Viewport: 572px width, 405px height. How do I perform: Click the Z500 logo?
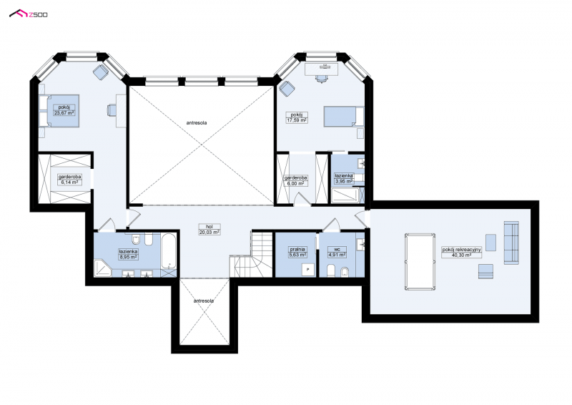click(x=28, y=14)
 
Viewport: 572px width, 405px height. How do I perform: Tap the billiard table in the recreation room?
click(x=420, y=261)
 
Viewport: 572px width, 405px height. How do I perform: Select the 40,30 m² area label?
click(x=461, y=255)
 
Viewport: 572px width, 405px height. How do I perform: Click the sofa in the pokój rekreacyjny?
click(x=511, y=243)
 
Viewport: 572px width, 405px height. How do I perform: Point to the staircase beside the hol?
click(x=252, y=255)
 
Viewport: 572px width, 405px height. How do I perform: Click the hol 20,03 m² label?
click(x=209, y=229)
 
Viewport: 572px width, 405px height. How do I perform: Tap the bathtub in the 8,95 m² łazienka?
click(x=169, y=251)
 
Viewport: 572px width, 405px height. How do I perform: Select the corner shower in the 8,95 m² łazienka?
click(x=103, y=268)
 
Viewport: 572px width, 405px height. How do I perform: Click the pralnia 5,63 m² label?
click(x=297, y=252)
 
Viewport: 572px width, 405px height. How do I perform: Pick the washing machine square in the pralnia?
click(x=308, y=270)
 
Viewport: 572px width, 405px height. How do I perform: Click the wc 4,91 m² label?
click(x=337, y=252)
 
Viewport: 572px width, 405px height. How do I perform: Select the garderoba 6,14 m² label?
click(x=69, y=180)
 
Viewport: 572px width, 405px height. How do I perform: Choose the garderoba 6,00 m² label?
click(x=296, y=181)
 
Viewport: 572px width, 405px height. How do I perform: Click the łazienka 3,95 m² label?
click(x=344, y=178)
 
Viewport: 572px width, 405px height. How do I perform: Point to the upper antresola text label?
click(x=196, y=122)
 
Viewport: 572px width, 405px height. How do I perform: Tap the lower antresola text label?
click(x=204, y=301)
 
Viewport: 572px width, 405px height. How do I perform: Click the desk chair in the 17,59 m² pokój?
click(x=320, y=78)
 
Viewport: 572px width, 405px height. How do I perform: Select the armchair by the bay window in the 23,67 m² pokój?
click(x=100, y=72)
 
